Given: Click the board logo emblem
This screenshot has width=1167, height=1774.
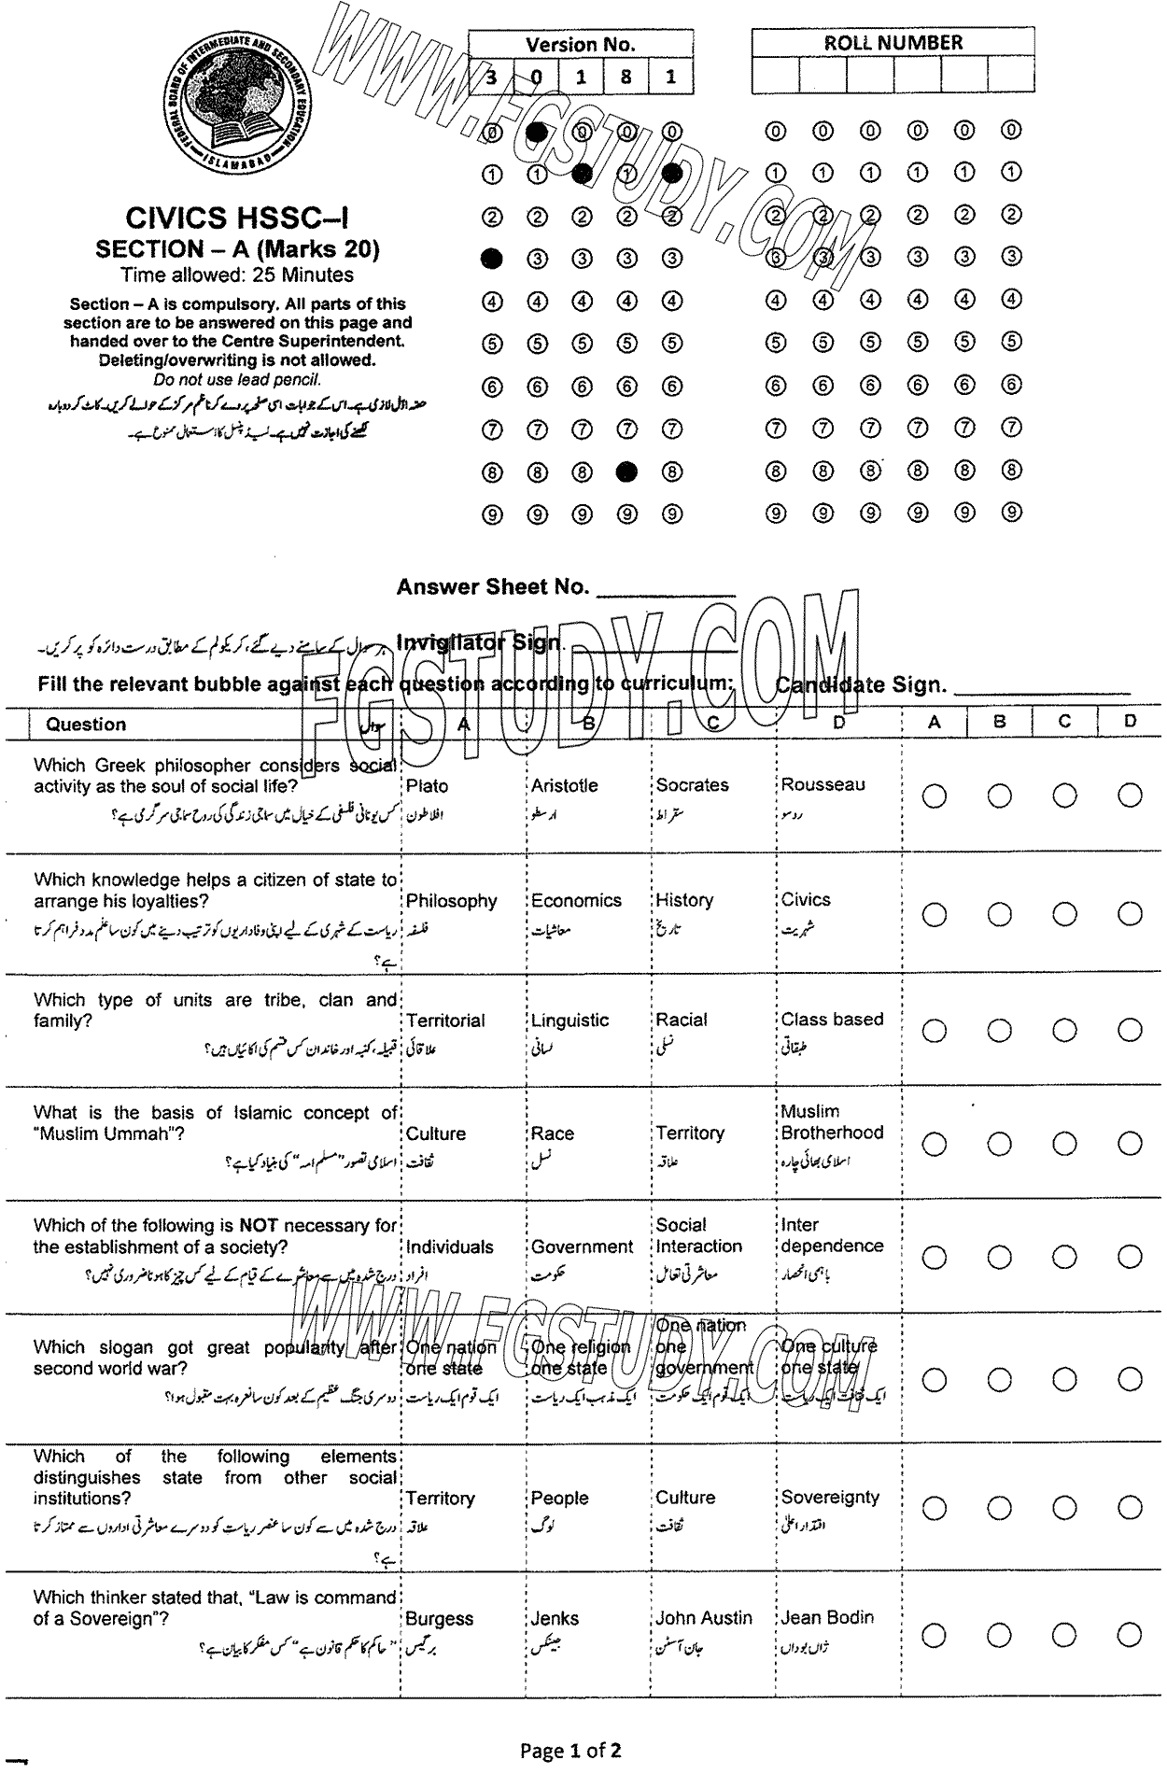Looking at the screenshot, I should point(241,98).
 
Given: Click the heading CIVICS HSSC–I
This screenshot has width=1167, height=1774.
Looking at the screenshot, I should point(237,218).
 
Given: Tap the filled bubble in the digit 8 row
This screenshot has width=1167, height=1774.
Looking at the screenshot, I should point(627,472).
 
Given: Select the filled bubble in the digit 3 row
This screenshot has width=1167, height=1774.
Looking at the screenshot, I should point(491,258).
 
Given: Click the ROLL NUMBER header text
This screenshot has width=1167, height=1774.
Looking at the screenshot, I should point(893,42).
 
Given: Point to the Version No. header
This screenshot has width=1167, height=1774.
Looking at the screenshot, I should point(580,44).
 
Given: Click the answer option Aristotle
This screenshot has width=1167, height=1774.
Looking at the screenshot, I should point(564,785).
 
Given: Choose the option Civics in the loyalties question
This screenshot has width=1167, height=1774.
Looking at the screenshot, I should point(805,899).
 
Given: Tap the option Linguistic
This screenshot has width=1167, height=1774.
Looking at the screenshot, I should point(569,1020).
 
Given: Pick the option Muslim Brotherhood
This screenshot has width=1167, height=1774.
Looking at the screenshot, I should point(831,1121).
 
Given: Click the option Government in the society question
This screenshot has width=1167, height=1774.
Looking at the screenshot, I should point(582,1246).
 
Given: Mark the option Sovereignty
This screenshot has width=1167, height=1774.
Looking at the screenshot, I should point(830,1497).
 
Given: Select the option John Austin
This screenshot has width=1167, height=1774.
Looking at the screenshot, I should point(703,1618).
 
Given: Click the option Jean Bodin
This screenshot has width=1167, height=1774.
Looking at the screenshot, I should point(827,1617).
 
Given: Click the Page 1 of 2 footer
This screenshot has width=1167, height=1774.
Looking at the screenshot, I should point(570,1750).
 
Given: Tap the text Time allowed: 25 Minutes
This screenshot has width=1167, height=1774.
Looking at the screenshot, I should point(237,275).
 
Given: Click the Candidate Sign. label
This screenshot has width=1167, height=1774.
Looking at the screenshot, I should point(860,685).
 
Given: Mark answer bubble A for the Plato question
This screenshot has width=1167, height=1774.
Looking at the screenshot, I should point(934,795).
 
